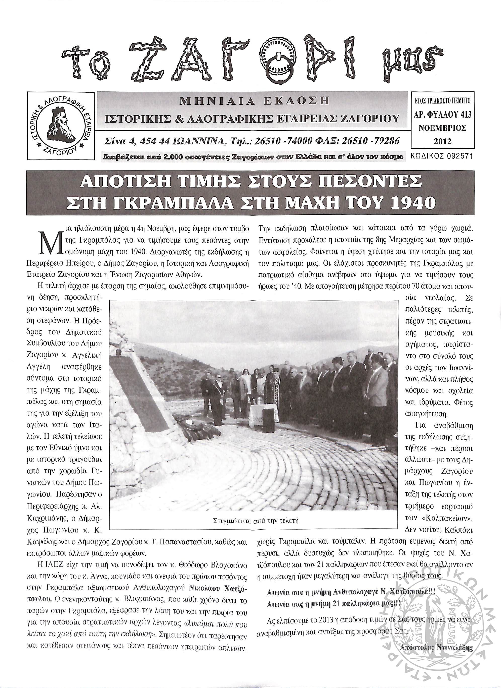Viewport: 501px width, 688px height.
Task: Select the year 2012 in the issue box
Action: [x=443, y=141]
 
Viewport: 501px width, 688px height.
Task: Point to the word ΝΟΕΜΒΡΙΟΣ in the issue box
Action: [x=442, y=128]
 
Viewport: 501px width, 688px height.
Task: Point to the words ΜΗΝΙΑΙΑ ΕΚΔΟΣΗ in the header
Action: [x=254, y=101]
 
